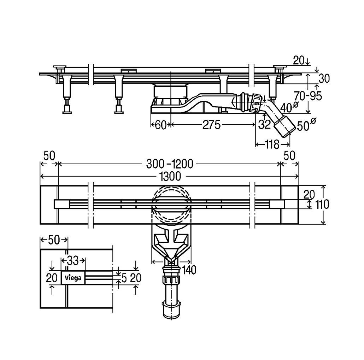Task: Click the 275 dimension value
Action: (211, 125)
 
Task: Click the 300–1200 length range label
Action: (170, 164)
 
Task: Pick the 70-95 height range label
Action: (308, 96)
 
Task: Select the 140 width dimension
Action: (189, 270)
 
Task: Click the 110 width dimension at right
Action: (322, 205)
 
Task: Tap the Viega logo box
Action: (73, 277)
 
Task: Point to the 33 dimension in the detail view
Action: (73, 261)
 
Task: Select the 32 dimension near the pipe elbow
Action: (265, 125)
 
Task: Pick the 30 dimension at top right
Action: (324, 79)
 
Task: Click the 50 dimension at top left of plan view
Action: (49, 155)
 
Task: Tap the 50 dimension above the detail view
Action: (54, 240)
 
